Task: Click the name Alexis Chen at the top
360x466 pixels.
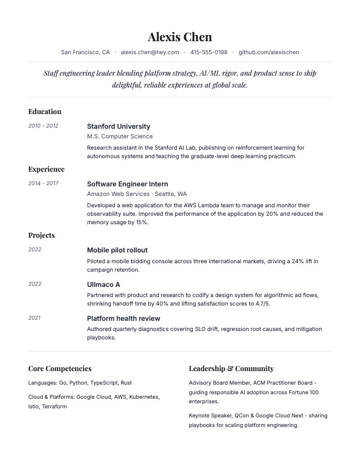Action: click(180, 37)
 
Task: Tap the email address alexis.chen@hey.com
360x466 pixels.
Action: click(150, 53)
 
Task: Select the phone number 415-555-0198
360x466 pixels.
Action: click(209, 53)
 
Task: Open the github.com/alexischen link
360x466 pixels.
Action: click(268, 53)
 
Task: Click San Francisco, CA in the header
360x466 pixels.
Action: click(85, 53)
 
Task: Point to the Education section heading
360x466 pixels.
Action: click(45, 112)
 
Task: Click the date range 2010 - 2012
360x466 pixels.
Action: click(43, 126)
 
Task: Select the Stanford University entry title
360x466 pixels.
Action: click(119, 127)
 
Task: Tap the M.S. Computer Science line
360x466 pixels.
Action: click(120, 136)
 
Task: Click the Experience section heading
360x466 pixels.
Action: click(46, 169)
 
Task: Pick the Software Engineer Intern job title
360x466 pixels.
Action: click(127, 184)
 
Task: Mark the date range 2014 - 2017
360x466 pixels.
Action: click(43, 184)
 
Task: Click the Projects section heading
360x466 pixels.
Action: click(41, 236)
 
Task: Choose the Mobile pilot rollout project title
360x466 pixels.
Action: click(117, 250)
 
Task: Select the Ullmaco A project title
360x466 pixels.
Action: click(103, 285)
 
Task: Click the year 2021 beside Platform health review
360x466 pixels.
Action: click(34, 318)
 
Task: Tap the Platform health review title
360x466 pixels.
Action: click(123, 319)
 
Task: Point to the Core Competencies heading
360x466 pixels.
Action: click(60, 369)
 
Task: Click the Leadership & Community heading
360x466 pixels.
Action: click(231, 369)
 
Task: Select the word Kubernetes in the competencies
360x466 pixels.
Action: click(144, 397)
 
